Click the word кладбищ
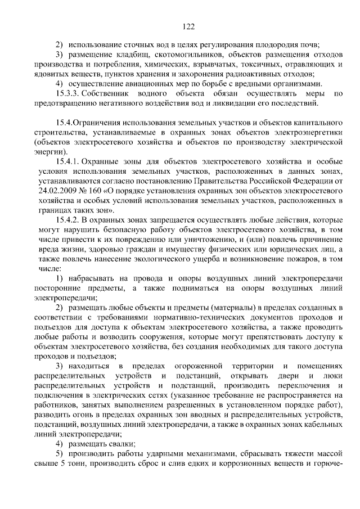pos(129,55)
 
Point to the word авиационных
pos(141,83)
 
